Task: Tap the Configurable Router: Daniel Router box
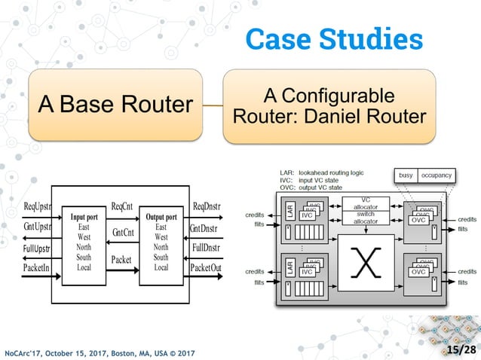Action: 329,106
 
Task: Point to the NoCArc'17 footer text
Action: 100,352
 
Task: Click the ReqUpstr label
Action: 37,206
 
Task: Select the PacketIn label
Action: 36,267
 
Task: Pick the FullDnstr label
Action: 206,247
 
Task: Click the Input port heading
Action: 84,218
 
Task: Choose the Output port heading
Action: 161,218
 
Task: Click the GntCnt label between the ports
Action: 123,233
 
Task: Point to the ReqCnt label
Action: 122,206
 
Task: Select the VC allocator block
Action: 366,204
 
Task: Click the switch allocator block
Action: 366,218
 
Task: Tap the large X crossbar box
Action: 366,263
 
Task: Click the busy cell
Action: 405,175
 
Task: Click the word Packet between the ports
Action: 121,260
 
